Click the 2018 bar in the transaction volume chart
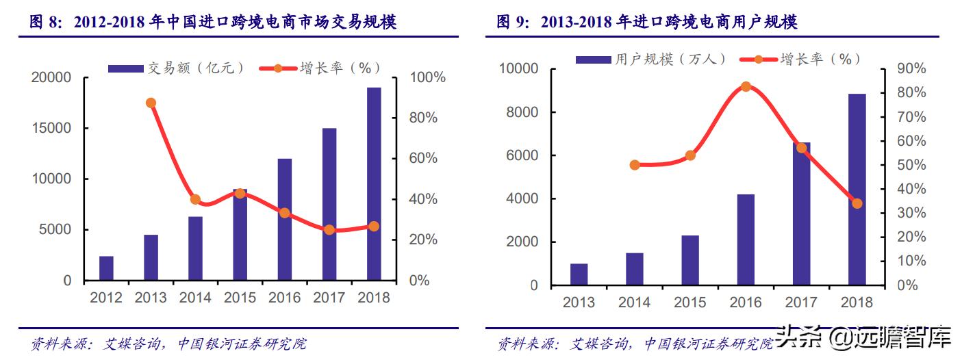pos(373,184)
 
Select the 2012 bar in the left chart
pos(106,268)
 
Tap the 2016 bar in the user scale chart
pos(746,240)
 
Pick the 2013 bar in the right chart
pos(579,274)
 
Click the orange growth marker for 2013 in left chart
pos(151,103)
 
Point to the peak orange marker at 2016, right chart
pos(746,87)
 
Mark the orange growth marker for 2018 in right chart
pos(857,203)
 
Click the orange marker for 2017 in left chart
pos(329,230)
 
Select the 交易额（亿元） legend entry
pos(177,68)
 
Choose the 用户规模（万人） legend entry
pos(650,60)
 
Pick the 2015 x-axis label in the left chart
pos(240,298)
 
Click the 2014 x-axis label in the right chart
pos(634,302)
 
